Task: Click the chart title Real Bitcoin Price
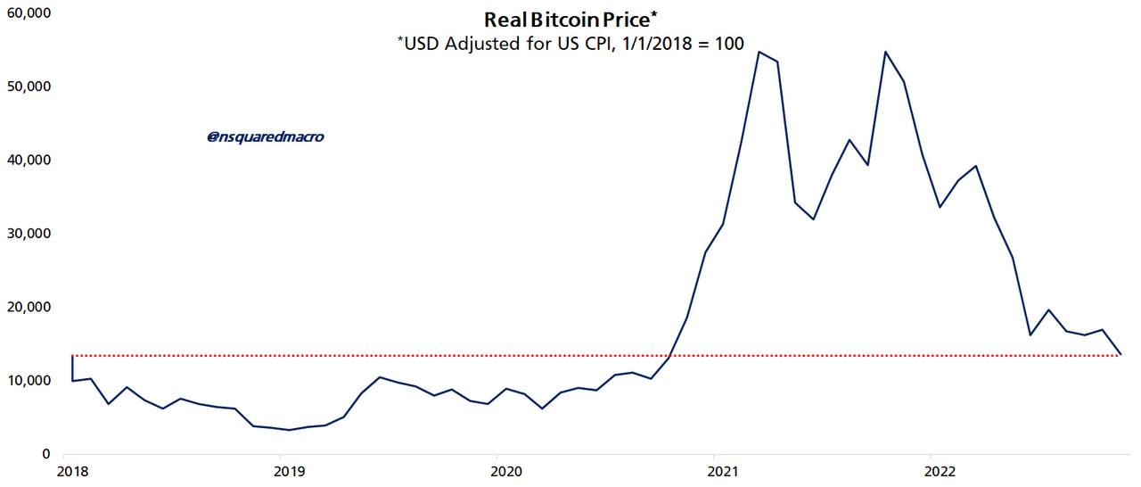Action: (570, 20)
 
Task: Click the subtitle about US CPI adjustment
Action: (570, 43)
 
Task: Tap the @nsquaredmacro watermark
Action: (266, 137)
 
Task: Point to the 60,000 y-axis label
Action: (28, 13)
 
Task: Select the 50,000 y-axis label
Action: (28, 87)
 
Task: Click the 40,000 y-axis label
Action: (28, 161)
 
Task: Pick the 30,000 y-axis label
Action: (28, 234)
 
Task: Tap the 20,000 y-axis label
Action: (28, 307)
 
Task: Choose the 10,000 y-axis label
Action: (28, 381)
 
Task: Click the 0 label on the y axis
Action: (46, 454)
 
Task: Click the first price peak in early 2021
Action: (758, 52)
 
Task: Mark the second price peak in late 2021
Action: (885, 52)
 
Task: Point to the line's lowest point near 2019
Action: (288, 430)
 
